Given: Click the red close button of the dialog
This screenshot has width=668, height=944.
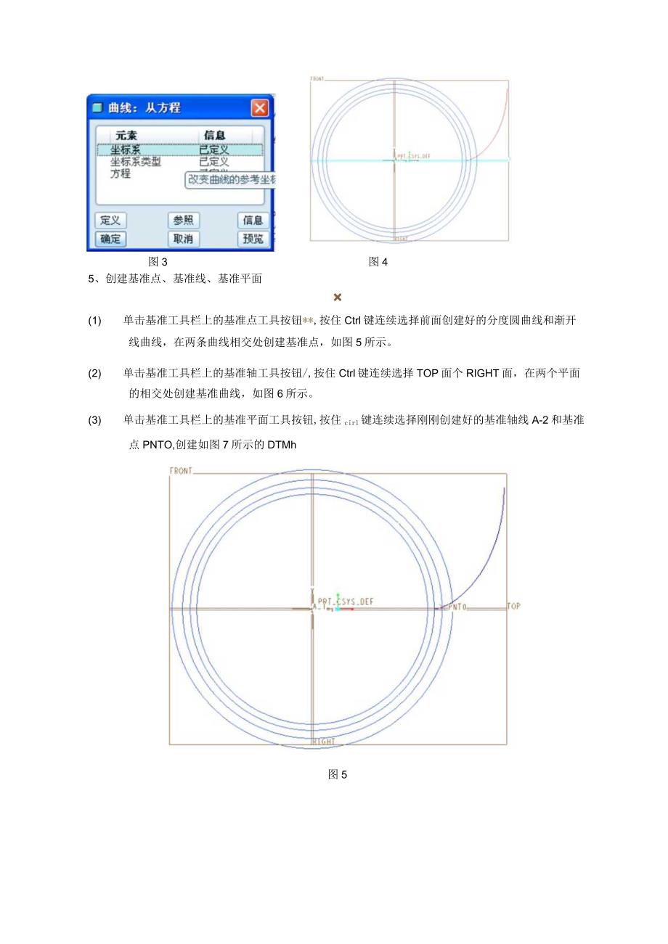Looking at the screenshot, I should [x=259, y=108].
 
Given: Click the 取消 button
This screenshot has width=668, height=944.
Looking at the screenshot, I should [x=184, y=239].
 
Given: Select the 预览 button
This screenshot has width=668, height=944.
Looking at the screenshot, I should [x=252, y=239].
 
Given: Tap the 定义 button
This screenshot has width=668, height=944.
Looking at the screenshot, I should [x=110, y=221].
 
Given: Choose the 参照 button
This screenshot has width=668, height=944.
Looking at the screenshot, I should [x=184, y=221].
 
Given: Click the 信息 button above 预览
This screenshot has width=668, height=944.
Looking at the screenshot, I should [x=252, y=221].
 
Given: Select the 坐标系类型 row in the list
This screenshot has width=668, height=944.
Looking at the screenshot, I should [x=136, y=162].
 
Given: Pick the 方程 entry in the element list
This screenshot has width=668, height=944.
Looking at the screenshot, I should [x=121, y=173].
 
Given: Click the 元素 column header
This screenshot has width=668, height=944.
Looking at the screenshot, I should [x=126, y=136].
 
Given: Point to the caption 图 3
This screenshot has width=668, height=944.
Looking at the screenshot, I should [x=158, y=262].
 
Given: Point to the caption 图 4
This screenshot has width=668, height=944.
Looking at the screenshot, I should [x=378, y=262].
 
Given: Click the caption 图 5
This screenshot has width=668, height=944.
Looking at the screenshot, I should [x=338, y=774].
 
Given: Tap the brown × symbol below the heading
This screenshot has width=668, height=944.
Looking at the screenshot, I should [x=337, y=297].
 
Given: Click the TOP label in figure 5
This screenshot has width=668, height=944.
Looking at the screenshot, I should [x=513, y=606].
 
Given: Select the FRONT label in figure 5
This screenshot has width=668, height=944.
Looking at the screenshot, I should [x=182, y=471].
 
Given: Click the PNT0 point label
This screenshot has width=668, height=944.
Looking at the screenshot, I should [x=456, y=606].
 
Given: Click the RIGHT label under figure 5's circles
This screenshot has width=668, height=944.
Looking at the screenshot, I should [x=323, y=742].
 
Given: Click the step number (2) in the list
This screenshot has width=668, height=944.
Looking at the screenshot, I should [x=95, y=374].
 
